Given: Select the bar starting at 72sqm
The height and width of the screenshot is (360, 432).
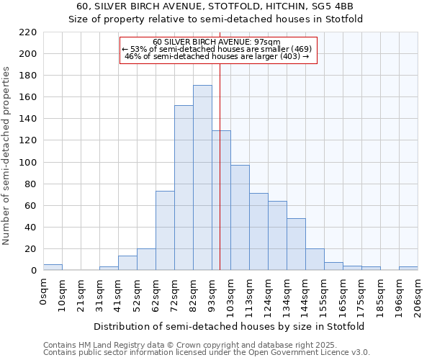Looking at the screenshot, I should coord(184,188).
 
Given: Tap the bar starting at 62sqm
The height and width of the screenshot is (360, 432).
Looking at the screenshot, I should coord(165,230).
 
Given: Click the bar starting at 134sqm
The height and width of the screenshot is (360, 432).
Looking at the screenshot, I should coord(296,244).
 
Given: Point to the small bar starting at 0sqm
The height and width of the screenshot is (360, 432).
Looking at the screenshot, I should coord(53,267).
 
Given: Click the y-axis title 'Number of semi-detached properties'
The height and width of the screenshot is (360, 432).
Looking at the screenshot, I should coord(7,156).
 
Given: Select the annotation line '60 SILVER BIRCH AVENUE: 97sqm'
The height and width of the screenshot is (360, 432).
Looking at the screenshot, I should coord(217,42).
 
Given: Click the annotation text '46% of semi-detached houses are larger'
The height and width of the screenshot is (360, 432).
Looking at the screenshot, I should coord(217,56).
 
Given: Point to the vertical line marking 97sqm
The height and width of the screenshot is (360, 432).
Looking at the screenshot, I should coord(220,166).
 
